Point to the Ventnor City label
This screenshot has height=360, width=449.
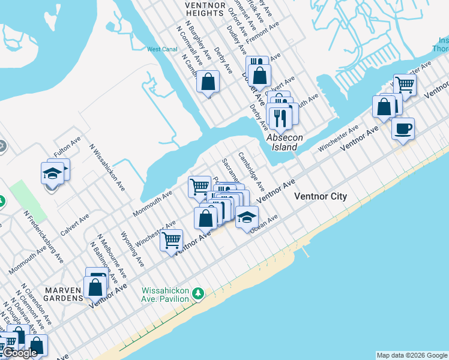(320, 196)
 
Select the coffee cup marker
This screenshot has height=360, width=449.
(403, 128)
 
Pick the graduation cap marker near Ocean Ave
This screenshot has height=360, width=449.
(246, 217)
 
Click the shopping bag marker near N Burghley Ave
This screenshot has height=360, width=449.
(208, 81)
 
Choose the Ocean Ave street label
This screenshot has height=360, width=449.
(265, 224)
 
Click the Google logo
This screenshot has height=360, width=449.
(20, 353)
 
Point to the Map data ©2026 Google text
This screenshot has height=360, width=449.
(412, 355)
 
